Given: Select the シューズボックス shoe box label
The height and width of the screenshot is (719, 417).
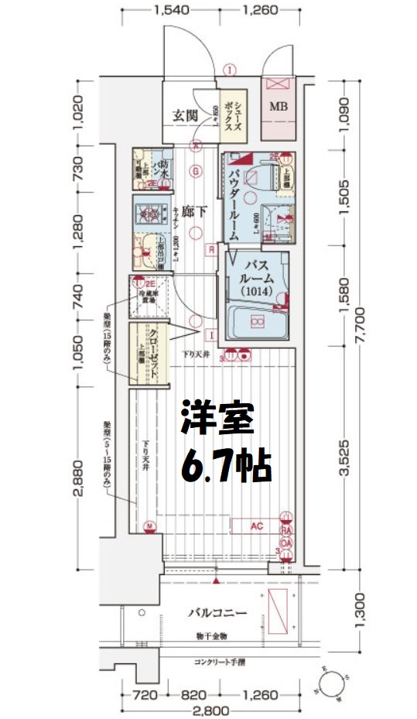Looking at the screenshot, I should pos(234,118).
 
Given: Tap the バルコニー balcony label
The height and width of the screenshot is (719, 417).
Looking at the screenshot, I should pos(217,613).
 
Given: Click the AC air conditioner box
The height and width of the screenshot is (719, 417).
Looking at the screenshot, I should pos(258,526).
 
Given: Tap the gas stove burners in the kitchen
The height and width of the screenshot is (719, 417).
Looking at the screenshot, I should pos(146,211).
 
